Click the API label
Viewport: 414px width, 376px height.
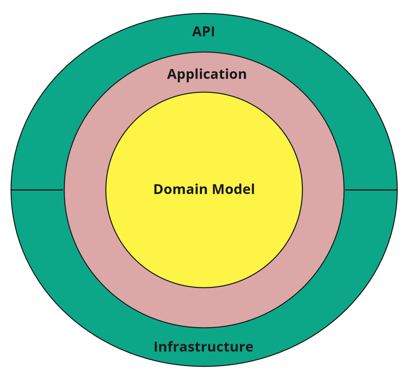[204, 32]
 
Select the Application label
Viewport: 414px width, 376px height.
[207, 75]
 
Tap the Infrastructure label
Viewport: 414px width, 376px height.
[203, 347]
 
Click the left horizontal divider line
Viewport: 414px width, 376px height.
[37, 190]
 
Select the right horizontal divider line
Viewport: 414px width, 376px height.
[371, 190]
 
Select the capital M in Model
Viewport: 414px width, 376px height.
[219, 189]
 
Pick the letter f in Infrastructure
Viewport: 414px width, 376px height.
[170, 346]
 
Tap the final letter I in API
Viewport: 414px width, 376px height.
[213, 32]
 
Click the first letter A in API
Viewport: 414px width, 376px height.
[197, 32]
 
